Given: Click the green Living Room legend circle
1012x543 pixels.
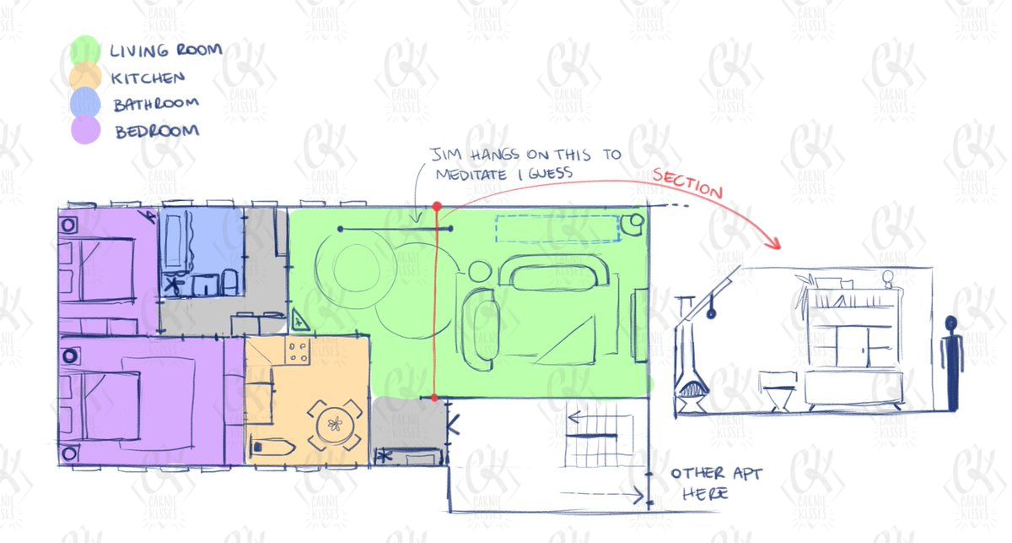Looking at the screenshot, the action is [85, 50].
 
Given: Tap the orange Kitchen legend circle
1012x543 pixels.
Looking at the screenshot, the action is [85, 77].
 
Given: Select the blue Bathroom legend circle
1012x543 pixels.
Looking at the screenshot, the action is [85, 103].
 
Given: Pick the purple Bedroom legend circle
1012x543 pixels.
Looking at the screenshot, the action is [85, 130].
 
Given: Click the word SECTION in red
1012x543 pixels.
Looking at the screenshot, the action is [687, 183].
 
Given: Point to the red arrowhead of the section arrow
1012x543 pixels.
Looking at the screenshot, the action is [775, 243].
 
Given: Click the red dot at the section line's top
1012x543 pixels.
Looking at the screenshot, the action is [437, 207].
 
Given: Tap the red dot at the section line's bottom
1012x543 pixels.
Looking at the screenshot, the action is [434, 399].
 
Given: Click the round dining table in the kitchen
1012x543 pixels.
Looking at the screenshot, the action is [335, 425].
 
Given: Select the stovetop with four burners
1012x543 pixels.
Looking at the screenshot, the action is [298, 351].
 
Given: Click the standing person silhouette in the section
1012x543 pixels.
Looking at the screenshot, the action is [950, 363].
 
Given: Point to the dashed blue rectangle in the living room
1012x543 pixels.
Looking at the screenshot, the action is [557, 229].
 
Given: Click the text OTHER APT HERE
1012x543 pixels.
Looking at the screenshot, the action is [716, 484].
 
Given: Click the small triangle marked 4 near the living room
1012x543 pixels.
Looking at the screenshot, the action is [299, 320].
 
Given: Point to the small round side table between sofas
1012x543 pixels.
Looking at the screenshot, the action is [480, 271].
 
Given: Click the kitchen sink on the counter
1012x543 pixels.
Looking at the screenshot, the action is [272, 447].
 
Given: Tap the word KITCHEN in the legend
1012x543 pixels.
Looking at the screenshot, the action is [148, 78].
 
